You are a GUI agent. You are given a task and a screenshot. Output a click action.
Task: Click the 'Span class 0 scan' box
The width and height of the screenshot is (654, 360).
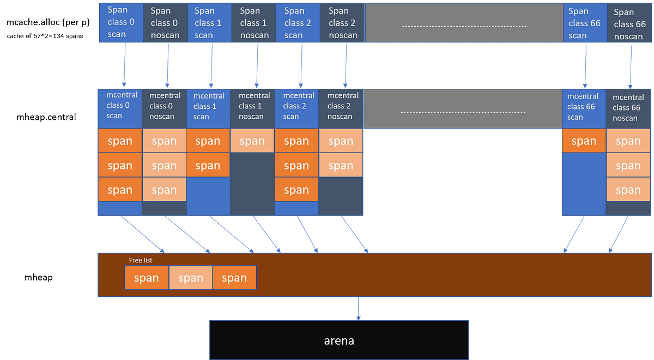point(120,22)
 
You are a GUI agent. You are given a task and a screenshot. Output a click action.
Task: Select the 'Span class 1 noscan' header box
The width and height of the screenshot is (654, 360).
point(253,22)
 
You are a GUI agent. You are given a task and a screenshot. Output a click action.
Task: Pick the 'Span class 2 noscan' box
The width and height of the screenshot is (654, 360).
point(342,22)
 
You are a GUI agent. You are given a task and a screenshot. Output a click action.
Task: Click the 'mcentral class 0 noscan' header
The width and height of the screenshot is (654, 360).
point(165,106)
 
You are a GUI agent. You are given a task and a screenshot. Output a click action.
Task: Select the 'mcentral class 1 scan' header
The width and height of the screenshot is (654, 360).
point(208,106)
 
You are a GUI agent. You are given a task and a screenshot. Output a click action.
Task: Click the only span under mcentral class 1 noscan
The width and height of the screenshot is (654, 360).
point(252,141)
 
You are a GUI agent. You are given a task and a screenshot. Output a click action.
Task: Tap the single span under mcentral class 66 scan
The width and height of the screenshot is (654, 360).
point(584,141)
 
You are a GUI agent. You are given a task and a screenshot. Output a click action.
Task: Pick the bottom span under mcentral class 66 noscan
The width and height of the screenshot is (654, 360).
point(628,190)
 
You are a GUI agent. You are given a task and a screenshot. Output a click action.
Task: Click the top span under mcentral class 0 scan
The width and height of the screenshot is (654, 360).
point(120,141)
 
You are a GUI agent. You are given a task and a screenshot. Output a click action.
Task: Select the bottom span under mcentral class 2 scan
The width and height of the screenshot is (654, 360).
point(296,190)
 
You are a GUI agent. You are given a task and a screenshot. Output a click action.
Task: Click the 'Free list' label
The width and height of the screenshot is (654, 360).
point(141,260)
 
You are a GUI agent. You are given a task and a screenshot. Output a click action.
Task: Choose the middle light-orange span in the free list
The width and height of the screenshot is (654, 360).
point(191,278)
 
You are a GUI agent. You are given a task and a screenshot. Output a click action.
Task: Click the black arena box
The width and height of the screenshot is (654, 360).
point(339,340)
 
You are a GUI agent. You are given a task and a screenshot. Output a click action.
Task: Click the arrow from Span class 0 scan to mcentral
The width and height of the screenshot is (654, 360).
point(125,65)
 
